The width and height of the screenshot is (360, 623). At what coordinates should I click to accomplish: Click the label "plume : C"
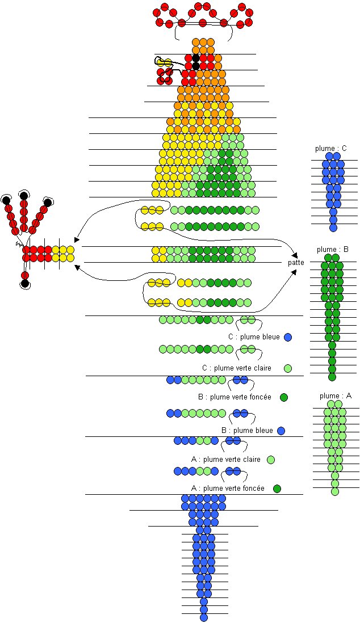point(331,149)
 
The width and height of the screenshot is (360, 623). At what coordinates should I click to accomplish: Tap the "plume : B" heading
point(333,250)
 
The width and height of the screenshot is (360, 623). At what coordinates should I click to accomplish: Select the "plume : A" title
point(335,396)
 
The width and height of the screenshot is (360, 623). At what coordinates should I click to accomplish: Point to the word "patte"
point(296,263)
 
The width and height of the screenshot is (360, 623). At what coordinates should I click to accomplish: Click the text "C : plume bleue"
point(254,337)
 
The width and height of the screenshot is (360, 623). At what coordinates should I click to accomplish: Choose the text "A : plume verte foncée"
point(228,489)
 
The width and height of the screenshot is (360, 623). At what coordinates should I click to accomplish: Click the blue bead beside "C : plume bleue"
point(288,337)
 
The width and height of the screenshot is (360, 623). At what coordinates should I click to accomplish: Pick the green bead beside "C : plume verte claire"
point(288,369)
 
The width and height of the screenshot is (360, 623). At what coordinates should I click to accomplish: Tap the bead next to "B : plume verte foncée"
point(284,397)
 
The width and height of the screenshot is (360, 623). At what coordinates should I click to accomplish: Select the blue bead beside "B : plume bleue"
point(281,431)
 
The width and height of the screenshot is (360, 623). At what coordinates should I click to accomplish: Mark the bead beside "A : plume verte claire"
point(271,460)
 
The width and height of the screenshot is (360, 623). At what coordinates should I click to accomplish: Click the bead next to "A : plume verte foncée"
point(277,489)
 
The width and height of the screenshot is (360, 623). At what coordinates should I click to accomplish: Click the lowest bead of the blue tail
point(204,617)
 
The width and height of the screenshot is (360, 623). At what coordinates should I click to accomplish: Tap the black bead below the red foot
point(25,283)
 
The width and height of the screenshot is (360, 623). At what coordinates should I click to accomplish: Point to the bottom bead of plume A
point(335,492)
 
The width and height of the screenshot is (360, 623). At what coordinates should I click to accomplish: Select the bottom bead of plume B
point(332,377)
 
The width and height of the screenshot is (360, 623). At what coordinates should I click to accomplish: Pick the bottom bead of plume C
point(333,228)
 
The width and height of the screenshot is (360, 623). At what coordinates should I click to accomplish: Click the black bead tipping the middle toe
point(24,196)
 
